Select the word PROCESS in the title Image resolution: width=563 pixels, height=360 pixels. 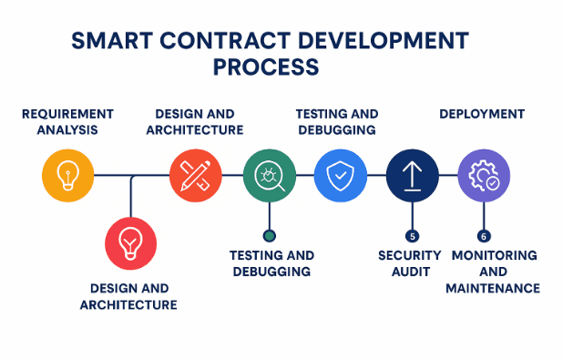tap(266, 68)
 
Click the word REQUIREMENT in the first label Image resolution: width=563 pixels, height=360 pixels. tap(67, 114)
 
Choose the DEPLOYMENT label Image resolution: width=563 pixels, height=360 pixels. tap(482, 114)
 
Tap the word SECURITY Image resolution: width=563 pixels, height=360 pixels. tap(410, 255)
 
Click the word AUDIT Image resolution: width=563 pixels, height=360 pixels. tap(410, 272)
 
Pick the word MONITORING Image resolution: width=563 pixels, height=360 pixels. tap(494, 255)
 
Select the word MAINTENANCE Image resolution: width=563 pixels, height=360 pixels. tap(493, 288)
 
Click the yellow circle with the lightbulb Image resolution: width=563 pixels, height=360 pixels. tap(67, 175)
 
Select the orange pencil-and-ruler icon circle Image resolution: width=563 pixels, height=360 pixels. tap(196, 175)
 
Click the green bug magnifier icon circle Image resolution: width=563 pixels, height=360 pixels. tap(270, 175)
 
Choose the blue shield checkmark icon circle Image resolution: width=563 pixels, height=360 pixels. tap(340, 175)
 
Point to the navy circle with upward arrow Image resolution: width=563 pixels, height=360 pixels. tap(412, 175)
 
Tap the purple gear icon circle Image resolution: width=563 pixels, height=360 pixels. tap(484, 175)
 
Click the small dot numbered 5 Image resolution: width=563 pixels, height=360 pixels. tap(413, 235)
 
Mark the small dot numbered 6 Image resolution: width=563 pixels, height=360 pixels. tap(484, 235)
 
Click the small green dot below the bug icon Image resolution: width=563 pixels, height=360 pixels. tap(269, 235)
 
